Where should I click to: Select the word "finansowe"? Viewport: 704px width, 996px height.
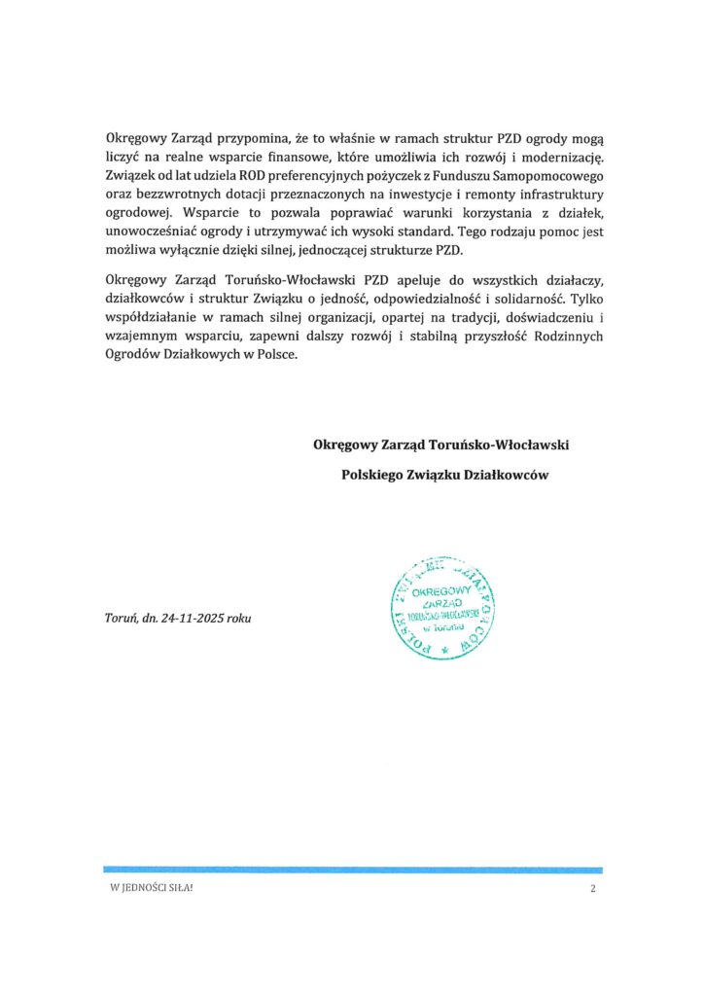pos(306,158)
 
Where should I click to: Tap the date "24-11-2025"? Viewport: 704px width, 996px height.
pos(190,619)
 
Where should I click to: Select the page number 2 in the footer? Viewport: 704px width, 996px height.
pos(591,891)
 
